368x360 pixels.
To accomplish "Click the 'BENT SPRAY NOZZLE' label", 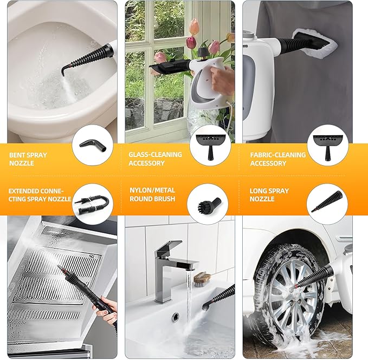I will tap(28, 159).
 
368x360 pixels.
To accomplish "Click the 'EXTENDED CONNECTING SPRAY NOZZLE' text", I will tap(40, 195).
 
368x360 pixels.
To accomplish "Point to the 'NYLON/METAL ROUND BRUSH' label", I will tap(152, 195).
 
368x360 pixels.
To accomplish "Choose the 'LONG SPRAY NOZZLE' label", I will tap(269, 195).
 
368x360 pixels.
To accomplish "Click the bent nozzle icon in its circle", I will tap(92, 146).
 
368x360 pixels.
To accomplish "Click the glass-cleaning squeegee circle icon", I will tap(209, 146).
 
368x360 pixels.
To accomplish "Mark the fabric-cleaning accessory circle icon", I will tap(325, 146).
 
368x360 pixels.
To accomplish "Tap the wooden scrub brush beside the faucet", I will tap(202, 278).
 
